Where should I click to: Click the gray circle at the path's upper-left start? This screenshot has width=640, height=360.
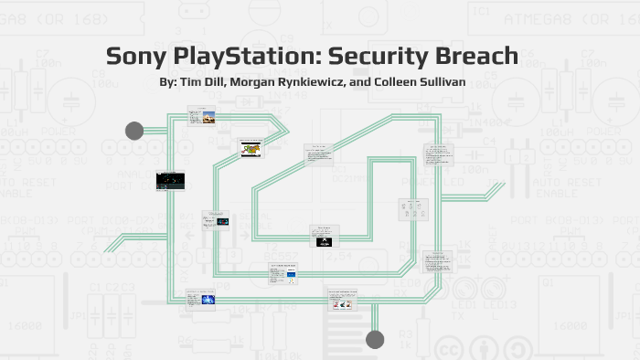(x=134, y=131)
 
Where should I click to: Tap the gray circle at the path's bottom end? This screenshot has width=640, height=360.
(x=375, y=340)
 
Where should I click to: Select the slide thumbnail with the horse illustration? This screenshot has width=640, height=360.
(x=251, y=149)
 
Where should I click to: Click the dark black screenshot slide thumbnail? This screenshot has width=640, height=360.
(x=170, y=180)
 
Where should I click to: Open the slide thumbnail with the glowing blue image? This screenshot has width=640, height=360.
(x=201, y=300)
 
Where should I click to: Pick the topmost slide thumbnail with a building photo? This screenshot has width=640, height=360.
(x=201, y=116)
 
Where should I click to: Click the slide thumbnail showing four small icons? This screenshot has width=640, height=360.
(x=408, y=211)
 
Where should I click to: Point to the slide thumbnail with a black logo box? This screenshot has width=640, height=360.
(x=324, y=238)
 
